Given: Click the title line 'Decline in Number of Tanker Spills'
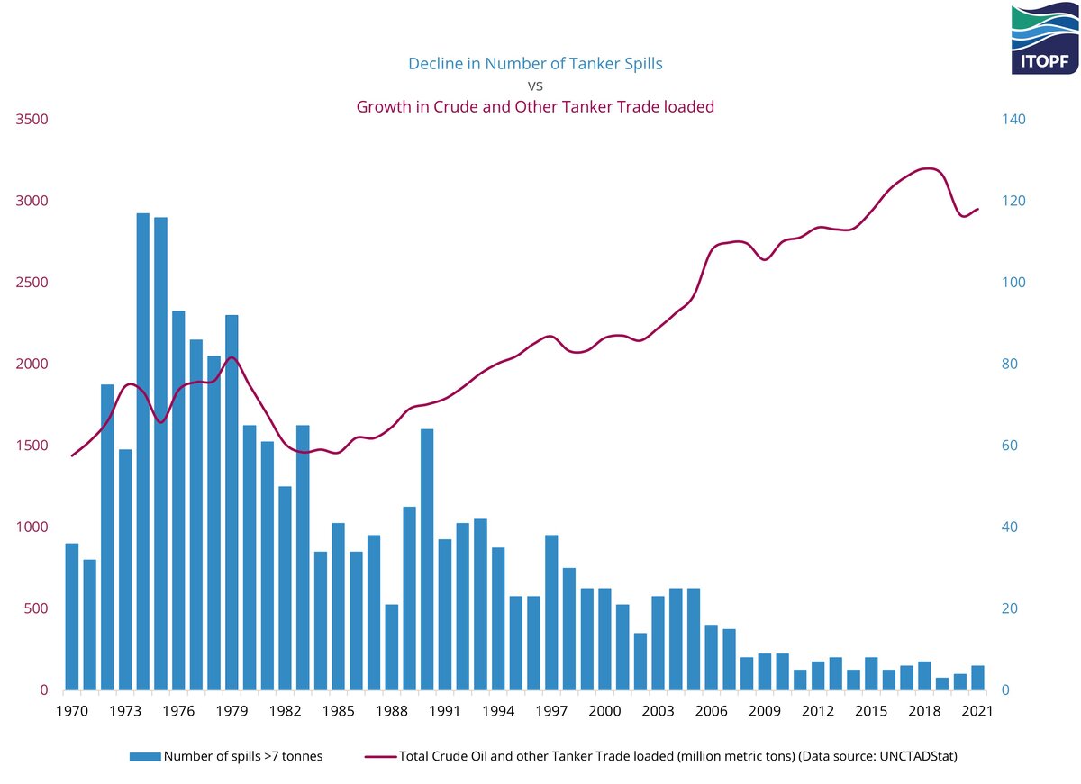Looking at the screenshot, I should coord(540,64).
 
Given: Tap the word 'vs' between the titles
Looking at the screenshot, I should coord(540,86).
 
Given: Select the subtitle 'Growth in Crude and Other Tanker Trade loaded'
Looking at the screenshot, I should coord(535,107).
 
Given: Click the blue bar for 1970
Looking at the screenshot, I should coord(72,617).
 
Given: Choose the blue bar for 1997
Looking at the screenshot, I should coord(551,612).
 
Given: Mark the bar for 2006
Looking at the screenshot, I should coord(712,657).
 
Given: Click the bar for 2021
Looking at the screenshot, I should coord(977,678).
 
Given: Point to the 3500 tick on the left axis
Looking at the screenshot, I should coord(32,119).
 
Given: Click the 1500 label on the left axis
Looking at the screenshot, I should coord(32,446).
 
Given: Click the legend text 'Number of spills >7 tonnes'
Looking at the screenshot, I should coord(243,757).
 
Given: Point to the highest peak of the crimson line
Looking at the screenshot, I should coord(928,168).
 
